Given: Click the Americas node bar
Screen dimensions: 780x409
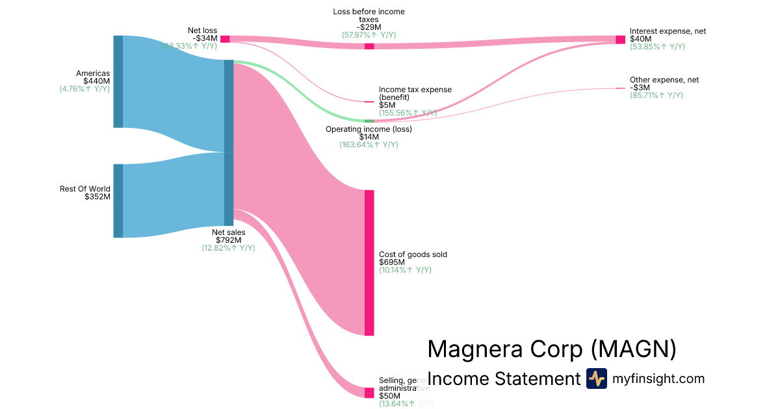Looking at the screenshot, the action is (118, 81).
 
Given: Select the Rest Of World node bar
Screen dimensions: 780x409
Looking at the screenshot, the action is (118, 201).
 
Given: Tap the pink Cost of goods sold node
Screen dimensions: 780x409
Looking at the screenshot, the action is (369, 262).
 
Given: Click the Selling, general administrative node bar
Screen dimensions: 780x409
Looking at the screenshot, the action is (369, 393).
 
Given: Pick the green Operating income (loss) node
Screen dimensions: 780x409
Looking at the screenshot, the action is (369, 121).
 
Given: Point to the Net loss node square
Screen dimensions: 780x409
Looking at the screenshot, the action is (225, 39).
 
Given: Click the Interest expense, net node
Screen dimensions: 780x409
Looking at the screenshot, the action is (620, 40).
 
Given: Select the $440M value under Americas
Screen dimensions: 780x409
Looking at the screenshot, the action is (97, 81).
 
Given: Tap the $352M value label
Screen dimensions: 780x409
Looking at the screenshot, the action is (97, 197).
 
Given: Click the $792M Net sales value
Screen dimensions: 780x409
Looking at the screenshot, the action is (228, 240).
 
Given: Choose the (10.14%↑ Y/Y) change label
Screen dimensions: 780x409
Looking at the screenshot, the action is (406, 270).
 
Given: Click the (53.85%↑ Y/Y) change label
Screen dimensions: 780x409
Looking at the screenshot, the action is (657, 47).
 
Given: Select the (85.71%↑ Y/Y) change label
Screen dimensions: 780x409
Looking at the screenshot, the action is (656, 95).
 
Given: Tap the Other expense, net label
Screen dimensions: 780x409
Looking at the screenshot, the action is (664, 80).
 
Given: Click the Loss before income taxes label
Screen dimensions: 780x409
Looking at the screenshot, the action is (369, 16).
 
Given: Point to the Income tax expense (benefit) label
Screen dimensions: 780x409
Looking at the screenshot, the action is (415, 93).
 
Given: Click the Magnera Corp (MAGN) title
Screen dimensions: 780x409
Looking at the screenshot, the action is (552, 349).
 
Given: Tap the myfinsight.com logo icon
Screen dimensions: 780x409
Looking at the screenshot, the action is (597, 378).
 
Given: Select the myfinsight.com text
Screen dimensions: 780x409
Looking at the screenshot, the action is (658, 378).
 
